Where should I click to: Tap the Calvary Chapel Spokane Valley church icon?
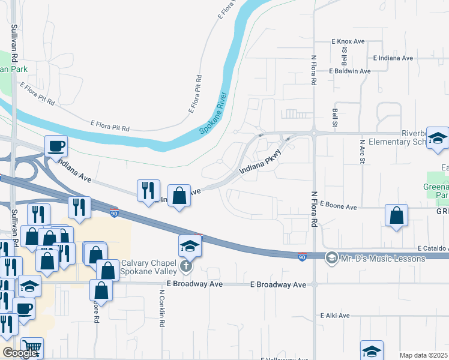point(187,265)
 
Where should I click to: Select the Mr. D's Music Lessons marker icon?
point(331,259)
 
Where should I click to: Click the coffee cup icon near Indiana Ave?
point(56,146)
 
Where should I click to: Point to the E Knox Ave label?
point(348,41)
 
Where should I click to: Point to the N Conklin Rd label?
point(162,308)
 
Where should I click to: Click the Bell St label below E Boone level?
point(334,113)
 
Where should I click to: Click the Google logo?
point(20,353)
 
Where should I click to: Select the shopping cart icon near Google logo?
point(32,348)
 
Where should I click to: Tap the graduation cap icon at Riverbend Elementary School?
point(438,139)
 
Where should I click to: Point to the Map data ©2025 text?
point(423,355)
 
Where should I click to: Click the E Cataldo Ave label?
point(432,248)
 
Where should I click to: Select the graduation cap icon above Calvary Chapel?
point(190,245)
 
